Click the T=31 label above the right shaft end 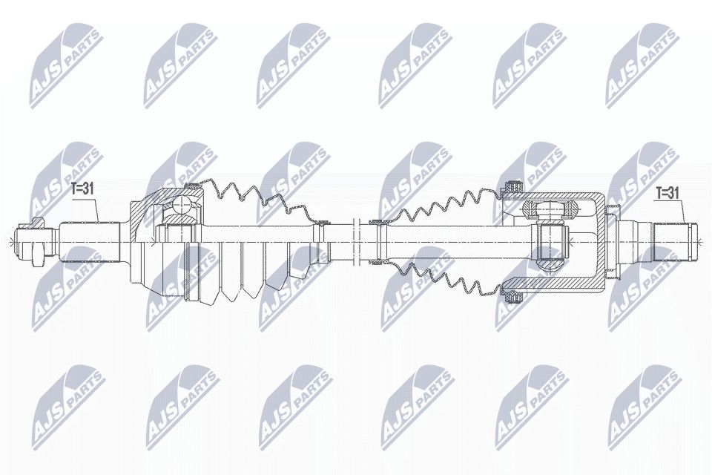[667, 193]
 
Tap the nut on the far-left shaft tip [33, 239]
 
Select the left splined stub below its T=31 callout [89, 240]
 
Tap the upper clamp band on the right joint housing [510, 185]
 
